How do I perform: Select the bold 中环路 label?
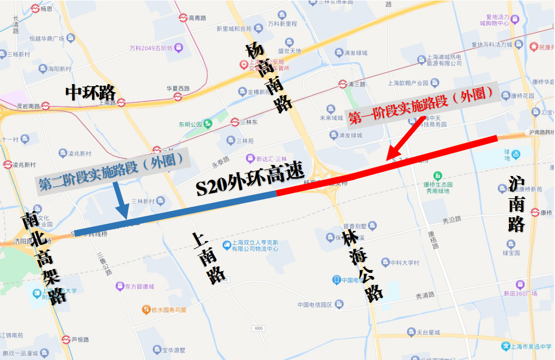[90, 93]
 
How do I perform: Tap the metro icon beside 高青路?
[182, 17]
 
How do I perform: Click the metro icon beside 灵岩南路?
[46, 106]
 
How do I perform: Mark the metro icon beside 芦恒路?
[66, 339]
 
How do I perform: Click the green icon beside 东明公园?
[208, 124]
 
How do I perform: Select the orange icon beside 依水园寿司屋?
[146, 310]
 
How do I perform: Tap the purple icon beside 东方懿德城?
[121, 286]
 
